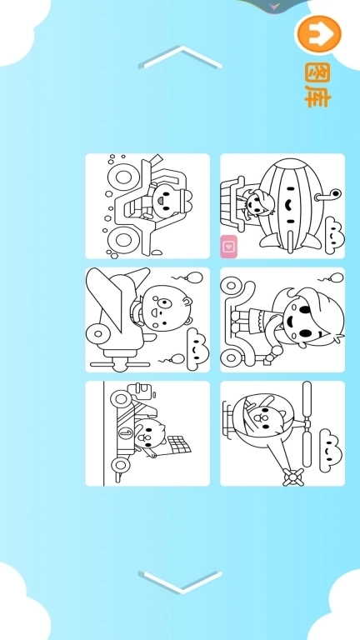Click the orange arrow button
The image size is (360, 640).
click(319, 34)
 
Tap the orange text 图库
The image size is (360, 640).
click(317, 84)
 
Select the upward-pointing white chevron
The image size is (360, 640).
click(181, 57)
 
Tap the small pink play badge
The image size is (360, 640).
click(229, 247)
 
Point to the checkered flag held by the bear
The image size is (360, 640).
click(179, 445)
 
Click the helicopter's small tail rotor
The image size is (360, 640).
click(294, 477)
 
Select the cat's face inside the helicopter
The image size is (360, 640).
click(263, 421)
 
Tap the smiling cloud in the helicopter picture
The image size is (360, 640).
click(331, 450)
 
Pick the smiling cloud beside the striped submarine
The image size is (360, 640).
click(334, 235)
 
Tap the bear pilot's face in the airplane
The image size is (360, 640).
click(163, 307)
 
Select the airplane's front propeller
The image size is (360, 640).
click(120, 363)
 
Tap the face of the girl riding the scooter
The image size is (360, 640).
click(302, 321)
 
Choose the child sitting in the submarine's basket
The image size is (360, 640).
click(256, 205)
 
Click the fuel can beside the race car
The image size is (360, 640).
click(141, 391)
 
